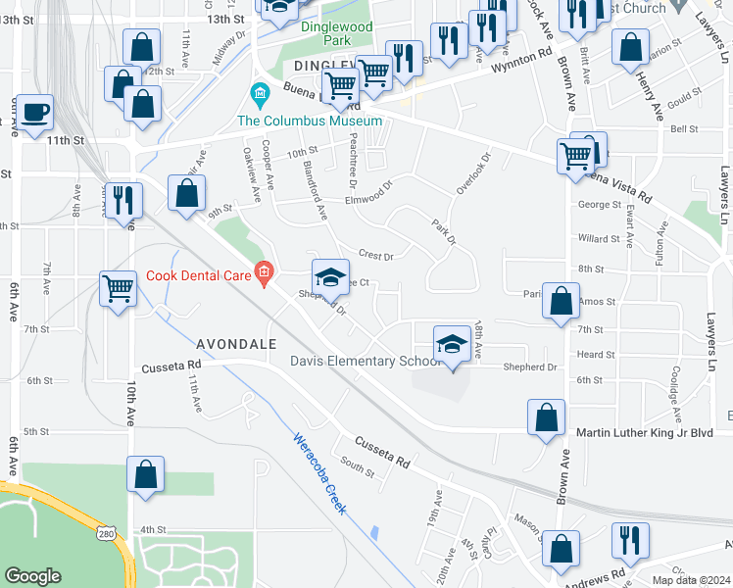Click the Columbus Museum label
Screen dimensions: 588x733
pyautogui.click(x=309, y=121)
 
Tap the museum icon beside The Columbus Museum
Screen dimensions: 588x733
pyautogui.click(x=260, y=96)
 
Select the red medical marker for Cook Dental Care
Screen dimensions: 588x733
pyautogui.click(x=263, y=272)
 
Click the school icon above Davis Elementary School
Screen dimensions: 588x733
pyautogui.click(x=451, y=345)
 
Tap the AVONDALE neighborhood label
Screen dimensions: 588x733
pyautogui.click(x=236, y=344)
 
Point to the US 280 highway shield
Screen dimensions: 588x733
pyautogui.click(x=107, y=531)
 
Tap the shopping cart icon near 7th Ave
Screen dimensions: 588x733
pyautogui.click(x=118, y=289)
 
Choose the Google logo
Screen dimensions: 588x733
pyautogui.click(x=33, y=576)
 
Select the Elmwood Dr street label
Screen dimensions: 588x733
pyautogui.click(x=367, y=199)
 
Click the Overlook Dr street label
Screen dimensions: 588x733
pyautogui.click(x=473, y=169)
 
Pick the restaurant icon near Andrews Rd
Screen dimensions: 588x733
pyautogui.click(x=629, y=541)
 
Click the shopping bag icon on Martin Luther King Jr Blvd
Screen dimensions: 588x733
pyautogui.click(x=546, y=416)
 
